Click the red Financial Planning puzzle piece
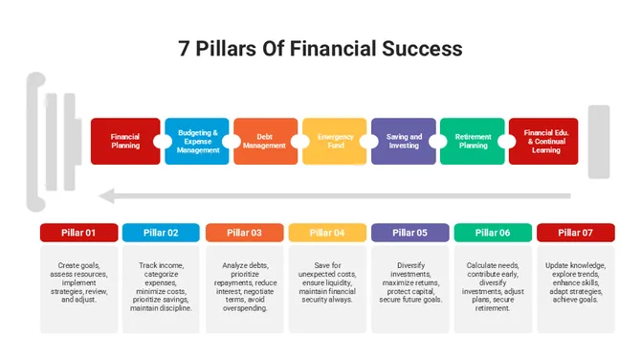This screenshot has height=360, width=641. (x=125, y=141)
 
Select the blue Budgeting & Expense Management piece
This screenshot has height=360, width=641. (x=198, y=141)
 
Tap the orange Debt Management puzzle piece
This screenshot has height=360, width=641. (x=265, y=141)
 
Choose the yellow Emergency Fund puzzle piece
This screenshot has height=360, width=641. (x=335, y=141)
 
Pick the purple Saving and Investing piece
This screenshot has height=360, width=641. (x=404, y=141)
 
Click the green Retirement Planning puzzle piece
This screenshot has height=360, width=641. (x=473, y=141)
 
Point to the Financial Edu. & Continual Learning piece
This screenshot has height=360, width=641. (x=542, y=141)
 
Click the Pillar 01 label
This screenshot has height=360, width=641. (x=78, y=232)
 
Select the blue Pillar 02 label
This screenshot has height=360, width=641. (x=161, y=232)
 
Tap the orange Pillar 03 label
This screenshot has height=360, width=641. (x=244, y=232)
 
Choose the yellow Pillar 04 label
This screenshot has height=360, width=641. (x=326, y=232)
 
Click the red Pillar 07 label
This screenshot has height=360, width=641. (x=575, y=232)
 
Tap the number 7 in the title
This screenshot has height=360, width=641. (x=184, y=48)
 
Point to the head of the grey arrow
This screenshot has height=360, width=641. (x=108, y=196)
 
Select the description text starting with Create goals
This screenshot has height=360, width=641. (x=78, y=281)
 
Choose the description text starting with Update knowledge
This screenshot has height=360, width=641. (x=575, y=281)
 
